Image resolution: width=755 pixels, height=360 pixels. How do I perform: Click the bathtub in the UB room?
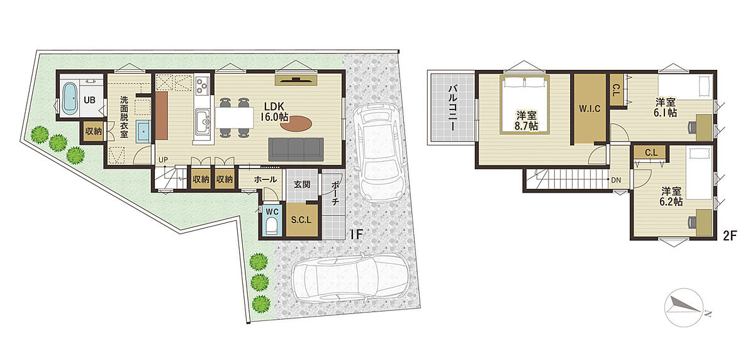point(70,98)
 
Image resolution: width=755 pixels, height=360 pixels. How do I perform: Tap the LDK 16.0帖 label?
point(274,111)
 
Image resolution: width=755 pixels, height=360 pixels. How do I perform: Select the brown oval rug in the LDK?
point(296,123)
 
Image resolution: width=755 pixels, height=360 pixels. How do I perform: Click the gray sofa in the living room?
point(296,149)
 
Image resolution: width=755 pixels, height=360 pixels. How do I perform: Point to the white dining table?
point(235,117)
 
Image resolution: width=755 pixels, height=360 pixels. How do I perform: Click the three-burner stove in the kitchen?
point(202,84)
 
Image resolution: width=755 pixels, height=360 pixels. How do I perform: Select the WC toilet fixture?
point(271,226)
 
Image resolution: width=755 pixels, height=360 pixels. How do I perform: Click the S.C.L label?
point(301,220)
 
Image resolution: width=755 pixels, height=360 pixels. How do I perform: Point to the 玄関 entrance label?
point(302,184)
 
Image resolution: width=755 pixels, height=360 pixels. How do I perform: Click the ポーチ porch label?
point(335,193)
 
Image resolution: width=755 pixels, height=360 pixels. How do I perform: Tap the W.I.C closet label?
point(590,108)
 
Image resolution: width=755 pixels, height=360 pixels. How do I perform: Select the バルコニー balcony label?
point(452,108)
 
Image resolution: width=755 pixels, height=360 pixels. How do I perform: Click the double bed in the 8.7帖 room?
point(525,104)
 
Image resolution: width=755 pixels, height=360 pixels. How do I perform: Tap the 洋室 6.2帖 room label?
point(671,196)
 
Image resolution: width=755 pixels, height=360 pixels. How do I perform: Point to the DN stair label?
point(616,181)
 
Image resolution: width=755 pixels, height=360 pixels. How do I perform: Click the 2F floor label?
point(730,235)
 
